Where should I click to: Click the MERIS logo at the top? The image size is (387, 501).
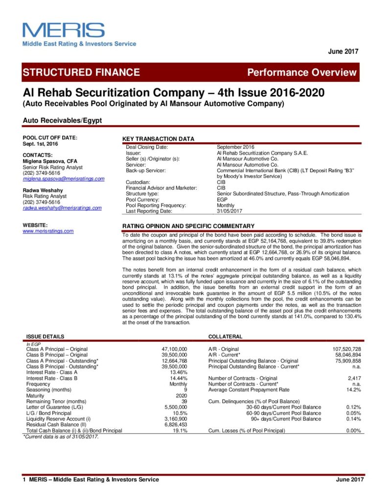(64, 30)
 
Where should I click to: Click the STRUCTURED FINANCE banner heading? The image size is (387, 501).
(81, 72)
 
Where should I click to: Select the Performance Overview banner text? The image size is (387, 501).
(302, 73)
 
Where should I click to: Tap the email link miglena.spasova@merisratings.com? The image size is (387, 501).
(64, 179)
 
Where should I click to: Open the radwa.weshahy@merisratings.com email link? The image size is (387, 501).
(62, 208)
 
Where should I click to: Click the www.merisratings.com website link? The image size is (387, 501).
(48, 231)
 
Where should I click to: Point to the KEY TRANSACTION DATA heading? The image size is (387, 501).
(158, 139)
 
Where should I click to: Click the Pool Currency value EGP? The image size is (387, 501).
(222, 200)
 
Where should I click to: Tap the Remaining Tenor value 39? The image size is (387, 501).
(183, 401)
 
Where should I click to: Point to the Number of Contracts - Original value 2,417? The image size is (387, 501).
(354, 378)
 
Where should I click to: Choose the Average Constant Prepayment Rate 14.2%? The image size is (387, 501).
(353, 390)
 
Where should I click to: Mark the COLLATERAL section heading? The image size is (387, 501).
(225, 337)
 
